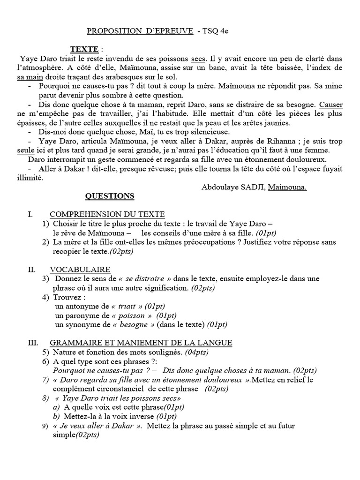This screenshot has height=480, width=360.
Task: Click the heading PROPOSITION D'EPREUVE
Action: (140, 31)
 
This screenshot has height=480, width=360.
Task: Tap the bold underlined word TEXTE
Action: (84, 49)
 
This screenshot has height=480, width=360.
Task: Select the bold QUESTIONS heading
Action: (111, 196)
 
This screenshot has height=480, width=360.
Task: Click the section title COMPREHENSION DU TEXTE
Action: (107, 214)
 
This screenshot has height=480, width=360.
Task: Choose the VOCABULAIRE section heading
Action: (80, 269)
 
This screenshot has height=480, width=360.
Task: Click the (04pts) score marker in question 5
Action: (197, 352)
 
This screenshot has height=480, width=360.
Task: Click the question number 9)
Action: (45, 426)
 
